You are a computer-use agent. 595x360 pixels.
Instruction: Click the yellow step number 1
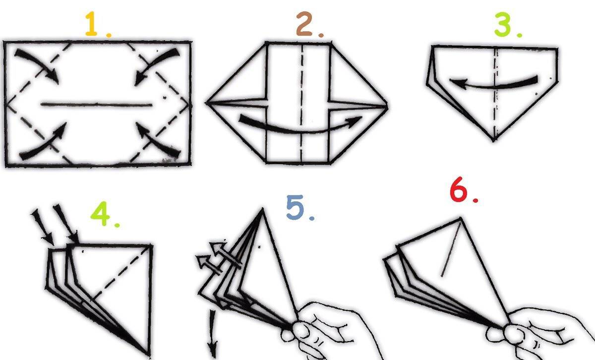click(x=91, y=24)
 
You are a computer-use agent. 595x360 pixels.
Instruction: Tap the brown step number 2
click(x=304, y=24)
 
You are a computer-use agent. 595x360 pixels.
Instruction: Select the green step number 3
click(x=503, y=24)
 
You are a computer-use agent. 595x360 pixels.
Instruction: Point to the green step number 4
click(x=100, y=214)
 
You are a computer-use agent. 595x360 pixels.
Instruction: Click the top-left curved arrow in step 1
click(x=37, y=65)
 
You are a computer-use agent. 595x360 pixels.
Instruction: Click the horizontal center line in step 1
click(x=96, y=105)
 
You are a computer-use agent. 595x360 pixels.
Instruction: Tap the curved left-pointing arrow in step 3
click(x=493, y=84)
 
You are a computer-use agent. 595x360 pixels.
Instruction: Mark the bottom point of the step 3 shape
click(x=493, y=140)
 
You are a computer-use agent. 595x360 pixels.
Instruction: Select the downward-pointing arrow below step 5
click(x=213, y=333)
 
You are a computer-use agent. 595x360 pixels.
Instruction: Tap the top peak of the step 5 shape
click(x=262, y=209)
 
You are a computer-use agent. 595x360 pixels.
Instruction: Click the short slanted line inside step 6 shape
click(x=451, y=249)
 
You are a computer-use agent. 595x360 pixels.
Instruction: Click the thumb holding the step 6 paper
click(x=514, y=334)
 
